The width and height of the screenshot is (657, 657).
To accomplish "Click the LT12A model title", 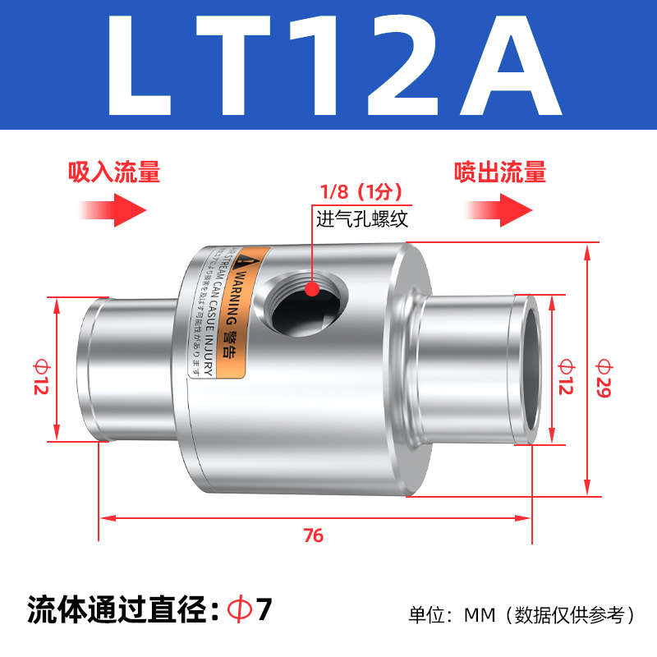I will pyautogui.click(x=328, y=66).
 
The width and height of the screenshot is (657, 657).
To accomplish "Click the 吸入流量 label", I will pyautogui.click(x=114, y=172).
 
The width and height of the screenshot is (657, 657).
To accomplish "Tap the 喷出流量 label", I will pyautogui.click(x=501, y=172).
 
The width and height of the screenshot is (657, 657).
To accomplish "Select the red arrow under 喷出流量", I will pyautogui.click(x=501, y=208).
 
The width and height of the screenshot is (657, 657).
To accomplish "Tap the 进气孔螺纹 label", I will pyautogui.click(x=362, y=218).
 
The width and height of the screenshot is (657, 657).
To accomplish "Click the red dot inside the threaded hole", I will pyautogui.click(x=311, y=288).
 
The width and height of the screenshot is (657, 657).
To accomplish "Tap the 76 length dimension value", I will pyautogui.click(x=313, y=536).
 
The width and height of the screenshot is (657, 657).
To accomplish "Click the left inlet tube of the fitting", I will pyautogui.click(x=123, y=368).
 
